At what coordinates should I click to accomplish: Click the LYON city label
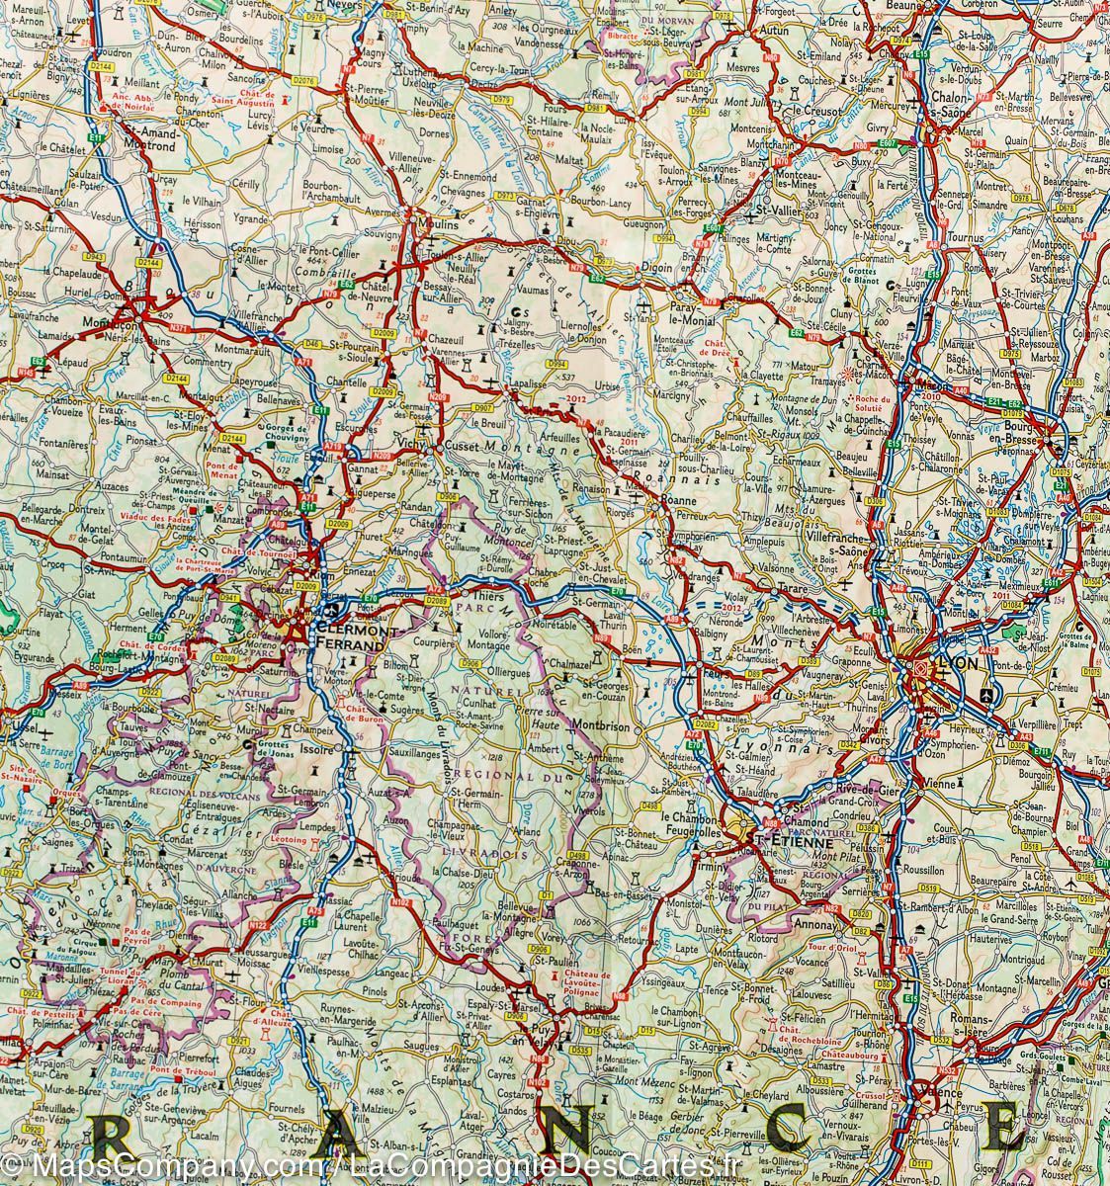957,664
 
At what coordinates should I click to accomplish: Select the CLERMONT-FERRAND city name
346,637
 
